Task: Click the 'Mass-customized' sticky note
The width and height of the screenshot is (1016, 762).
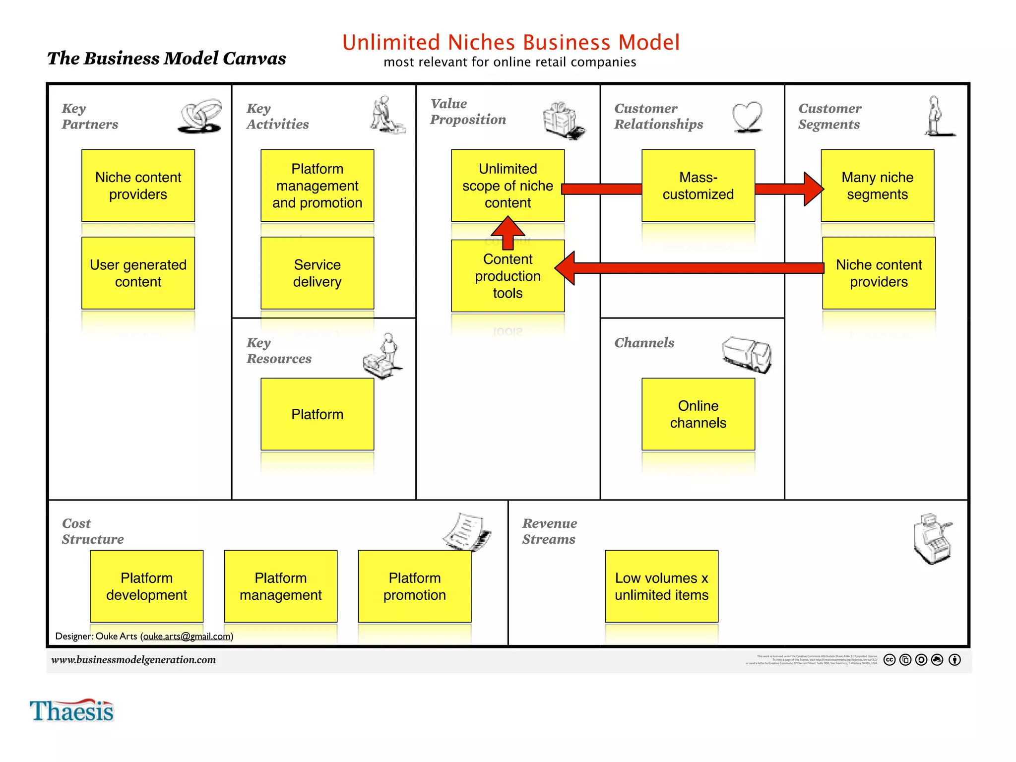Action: pos(698,186)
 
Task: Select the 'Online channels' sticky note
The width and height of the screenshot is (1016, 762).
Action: pos(698,414)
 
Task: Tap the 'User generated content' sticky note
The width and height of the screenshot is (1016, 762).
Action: pos(138,273)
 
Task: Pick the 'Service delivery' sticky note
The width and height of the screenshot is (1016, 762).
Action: pos(317,273)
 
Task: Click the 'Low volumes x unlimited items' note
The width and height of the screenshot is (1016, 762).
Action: pos(661,586)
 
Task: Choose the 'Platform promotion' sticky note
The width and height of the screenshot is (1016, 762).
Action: pos(414,586)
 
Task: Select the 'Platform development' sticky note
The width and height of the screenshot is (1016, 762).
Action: pos(146,586)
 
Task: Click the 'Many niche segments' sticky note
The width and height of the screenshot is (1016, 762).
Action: pos(877,186)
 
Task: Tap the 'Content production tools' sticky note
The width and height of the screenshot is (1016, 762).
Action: pos(508,283)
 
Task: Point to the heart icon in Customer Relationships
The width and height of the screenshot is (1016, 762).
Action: pos(747,117)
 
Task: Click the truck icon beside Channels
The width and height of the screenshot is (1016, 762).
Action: pos(747,354)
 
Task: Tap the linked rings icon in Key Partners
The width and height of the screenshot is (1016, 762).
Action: pos(200,116)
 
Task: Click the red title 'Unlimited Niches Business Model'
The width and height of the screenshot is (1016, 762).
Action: pos(510,43)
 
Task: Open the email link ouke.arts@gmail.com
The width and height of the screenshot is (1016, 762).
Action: pos(187,636)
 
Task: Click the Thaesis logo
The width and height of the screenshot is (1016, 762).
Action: pos(72,711)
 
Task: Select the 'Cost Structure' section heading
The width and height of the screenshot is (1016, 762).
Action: pos(92,531)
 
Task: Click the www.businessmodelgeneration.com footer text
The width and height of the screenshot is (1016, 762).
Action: pos(133,659)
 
